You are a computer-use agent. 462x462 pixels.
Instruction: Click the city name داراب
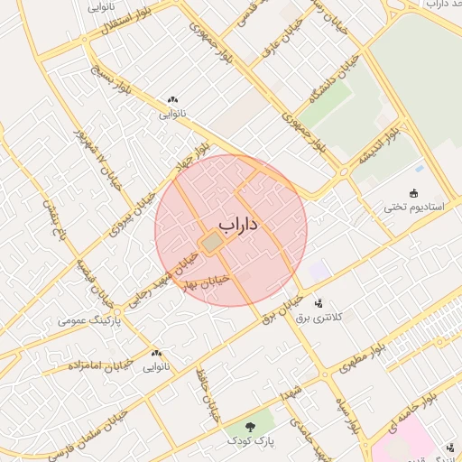237,224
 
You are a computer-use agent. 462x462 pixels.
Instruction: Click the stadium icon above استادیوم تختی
414,192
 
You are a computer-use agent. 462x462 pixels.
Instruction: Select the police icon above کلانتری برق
318,304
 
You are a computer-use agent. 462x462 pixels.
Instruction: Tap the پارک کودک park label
251,440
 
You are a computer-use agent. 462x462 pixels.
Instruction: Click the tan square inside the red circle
211,244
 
